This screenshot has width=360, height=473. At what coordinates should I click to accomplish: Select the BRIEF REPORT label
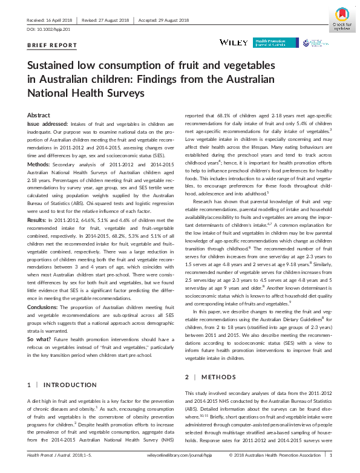coord(53,45)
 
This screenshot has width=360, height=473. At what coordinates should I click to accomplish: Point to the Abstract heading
coord(39,115)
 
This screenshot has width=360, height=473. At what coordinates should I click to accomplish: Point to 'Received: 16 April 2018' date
coord(50,20)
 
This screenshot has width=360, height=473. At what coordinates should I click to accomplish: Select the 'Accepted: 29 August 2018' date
coord(165,20)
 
